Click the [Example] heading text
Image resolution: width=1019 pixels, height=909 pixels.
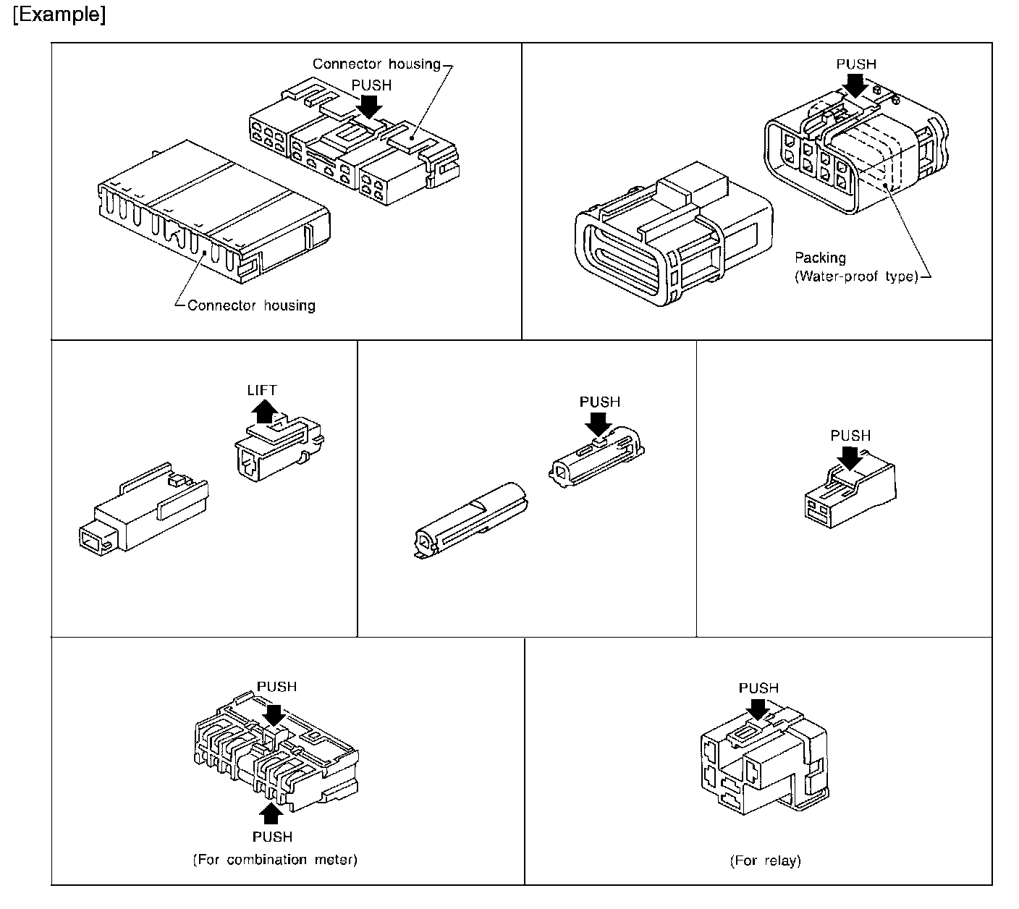[x=59, y=16]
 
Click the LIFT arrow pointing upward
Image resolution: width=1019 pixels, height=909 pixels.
[x=266, y=412]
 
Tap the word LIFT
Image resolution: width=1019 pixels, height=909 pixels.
[x=261, y=390]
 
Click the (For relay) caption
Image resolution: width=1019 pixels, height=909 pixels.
[x=765, y=861]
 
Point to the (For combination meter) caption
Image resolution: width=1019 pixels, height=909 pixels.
[x=275, y=860]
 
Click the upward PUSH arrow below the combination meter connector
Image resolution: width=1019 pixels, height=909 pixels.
[x=271, y=814]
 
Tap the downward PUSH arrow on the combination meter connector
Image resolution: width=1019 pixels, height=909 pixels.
[x=275, y=714]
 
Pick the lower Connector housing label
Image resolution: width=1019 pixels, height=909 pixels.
[x=251, y=305]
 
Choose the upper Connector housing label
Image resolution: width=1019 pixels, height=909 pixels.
[x=376, y=64]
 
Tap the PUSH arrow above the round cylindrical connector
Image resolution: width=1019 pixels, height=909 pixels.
[x=600, y=423]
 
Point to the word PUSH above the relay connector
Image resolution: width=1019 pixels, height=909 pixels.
[x=758, y=688]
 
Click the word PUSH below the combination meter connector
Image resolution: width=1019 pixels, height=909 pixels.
[x=273, y=837]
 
